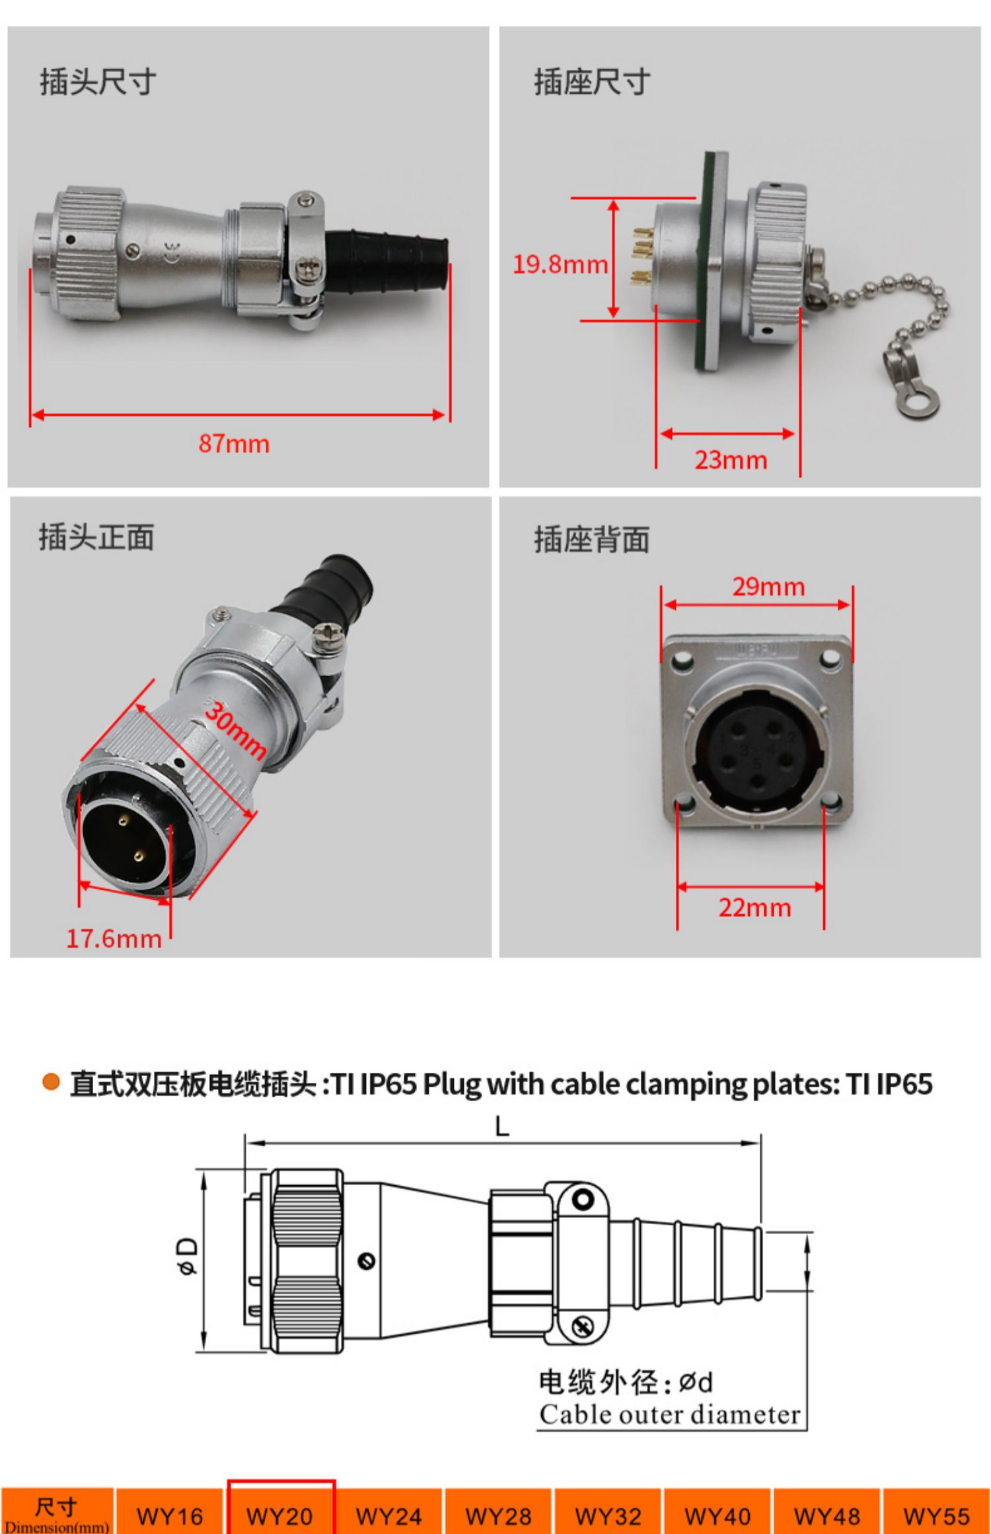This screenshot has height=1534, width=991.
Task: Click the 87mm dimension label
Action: click(234, 443)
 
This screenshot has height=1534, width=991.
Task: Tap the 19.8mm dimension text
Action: click(560, 264)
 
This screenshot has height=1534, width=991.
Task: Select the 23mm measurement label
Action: click(731, 460)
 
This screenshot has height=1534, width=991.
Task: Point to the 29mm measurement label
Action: click(768, 587)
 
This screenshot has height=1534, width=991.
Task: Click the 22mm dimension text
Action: click(754, 908)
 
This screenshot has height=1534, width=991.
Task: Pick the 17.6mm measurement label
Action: click(114, 939)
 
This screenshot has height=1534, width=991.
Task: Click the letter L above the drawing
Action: click(502, 1126)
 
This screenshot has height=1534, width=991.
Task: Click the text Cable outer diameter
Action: click(670, 1414)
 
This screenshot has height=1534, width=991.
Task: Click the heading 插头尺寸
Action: click(98, 83)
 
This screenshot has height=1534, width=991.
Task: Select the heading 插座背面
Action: click(591, 540)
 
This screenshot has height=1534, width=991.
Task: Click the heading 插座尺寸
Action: click(592, 83)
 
